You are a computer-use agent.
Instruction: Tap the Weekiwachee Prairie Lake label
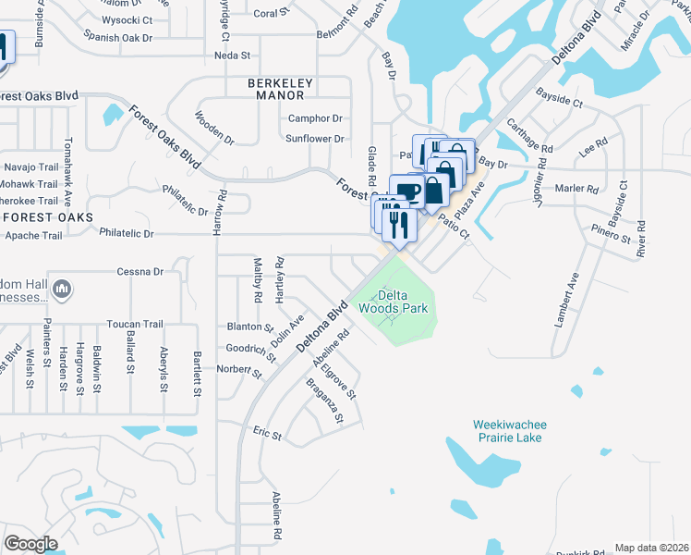coord(510,431)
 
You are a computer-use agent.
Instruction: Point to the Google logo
coord(30,543)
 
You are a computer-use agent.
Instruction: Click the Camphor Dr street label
coord(315,118)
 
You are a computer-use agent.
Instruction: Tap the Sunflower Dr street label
coord(314,139)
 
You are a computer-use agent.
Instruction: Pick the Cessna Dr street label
coord(139,272)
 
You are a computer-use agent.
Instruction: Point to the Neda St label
coord(232,55)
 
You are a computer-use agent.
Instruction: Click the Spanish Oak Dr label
coord(117,37)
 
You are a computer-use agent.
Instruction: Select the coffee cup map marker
coord(406,191)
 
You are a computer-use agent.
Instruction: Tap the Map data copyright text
coord(652,548)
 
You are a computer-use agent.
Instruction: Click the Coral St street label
coord(266,14)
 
